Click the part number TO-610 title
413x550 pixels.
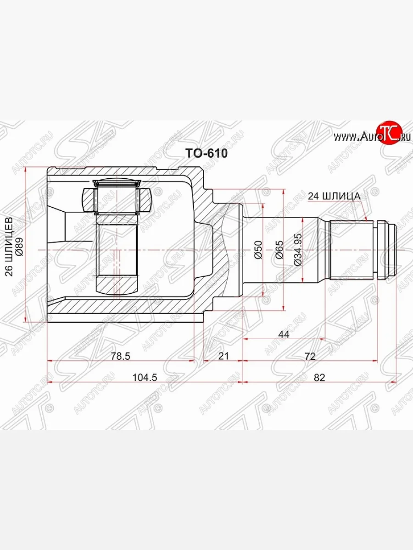coord(206,154)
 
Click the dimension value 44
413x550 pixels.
coord(284,335)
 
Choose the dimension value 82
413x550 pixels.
coord(320,377)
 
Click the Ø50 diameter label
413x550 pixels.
coord(258,250)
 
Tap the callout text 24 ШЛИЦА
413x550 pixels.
coord(334,196)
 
